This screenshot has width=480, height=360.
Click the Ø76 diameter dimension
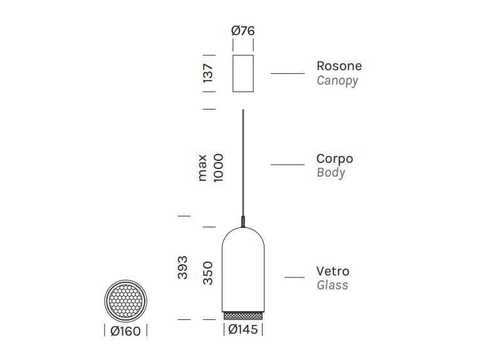[x=243, y=31]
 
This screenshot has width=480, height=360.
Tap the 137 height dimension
[x=209, y=73]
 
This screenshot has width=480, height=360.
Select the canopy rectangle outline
[x=243, y=73]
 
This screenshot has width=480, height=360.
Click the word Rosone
[x=339, y=66]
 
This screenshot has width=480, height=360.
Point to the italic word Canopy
[x=337, y=81]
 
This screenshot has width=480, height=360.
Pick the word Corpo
[x=335, y=158]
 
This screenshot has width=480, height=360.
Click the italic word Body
[x=331, y=173]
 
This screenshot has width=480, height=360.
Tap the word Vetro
[x=333, y=271]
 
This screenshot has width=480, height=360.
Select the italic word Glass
[x=332, y=285]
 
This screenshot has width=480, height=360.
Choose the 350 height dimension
[x=209, y=274]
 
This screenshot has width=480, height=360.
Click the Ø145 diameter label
[x=243, y=330]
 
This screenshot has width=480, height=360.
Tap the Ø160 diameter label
[x=125, y=331]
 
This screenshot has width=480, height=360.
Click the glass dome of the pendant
[x=243, y=266]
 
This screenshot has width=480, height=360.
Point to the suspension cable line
[x=243, y=163]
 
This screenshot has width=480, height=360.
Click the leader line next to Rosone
[x=288, y=73]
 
